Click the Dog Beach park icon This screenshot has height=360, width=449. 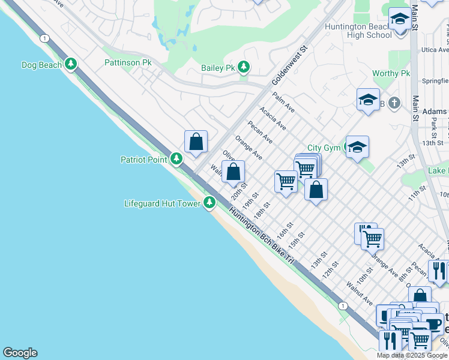[71, 64]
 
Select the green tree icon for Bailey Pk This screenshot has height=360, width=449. [243, 67]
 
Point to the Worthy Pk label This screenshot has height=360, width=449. [391, 73]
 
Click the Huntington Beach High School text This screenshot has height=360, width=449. [358, 31]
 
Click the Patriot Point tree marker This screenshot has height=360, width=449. [176, 159]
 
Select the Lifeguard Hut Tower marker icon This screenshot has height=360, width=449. [209, 203]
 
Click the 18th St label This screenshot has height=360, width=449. [262, 210]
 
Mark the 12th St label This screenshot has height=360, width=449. [331, 269]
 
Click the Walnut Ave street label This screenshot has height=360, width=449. [360, 294]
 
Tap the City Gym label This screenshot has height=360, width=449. [324, 148]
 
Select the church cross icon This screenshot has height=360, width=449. [394, 103]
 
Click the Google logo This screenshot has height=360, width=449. [20, 353]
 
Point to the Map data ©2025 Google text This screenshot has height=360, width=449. [411, 355]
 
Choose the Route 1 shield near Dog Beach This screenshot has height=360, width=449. [44, 38]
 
